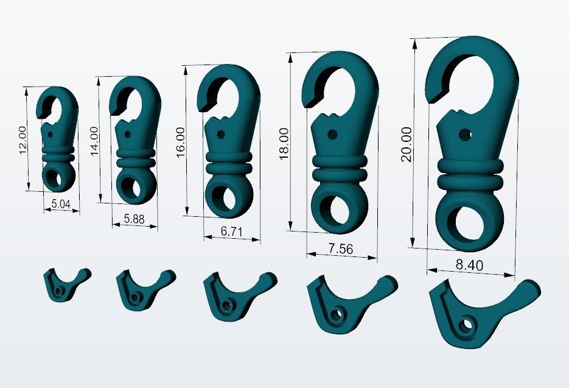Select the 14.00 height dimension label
(94, 141)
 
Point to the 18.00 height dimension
(284, 144)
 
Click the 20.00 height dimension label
(407, 144)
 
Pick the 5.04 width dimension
(61, 203)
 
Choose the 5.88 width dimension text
(134, 219)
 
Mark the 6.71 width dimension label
(231, 231)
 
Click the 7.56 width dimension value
(341, 249)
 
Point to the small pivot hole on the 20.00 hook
(465, 133)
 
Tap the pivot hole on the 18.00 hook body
(332, 133)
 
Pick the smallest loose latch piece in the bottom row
(65, 284)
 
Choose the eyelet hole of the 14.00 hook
(132, 186)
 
